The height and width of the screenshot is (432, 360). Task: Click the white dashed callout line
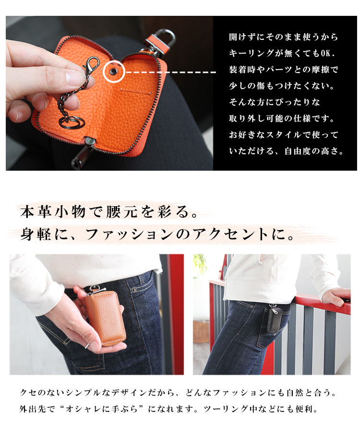[170, 72]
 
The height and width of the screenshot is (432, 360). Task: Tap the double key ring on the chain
[72, 122]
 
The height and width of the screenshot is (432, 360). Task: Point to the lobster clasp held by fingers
[91, 65]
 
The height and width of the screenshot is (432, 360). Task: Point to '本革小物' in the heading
[53, 212]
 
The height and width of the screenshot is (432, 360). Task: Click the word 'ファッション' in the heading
[130, 235]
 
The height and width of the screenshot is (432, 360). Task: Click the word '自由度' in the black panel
[298, 151]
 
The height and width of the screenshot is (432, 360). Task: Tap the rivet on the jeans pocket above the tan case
[134, 290]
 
